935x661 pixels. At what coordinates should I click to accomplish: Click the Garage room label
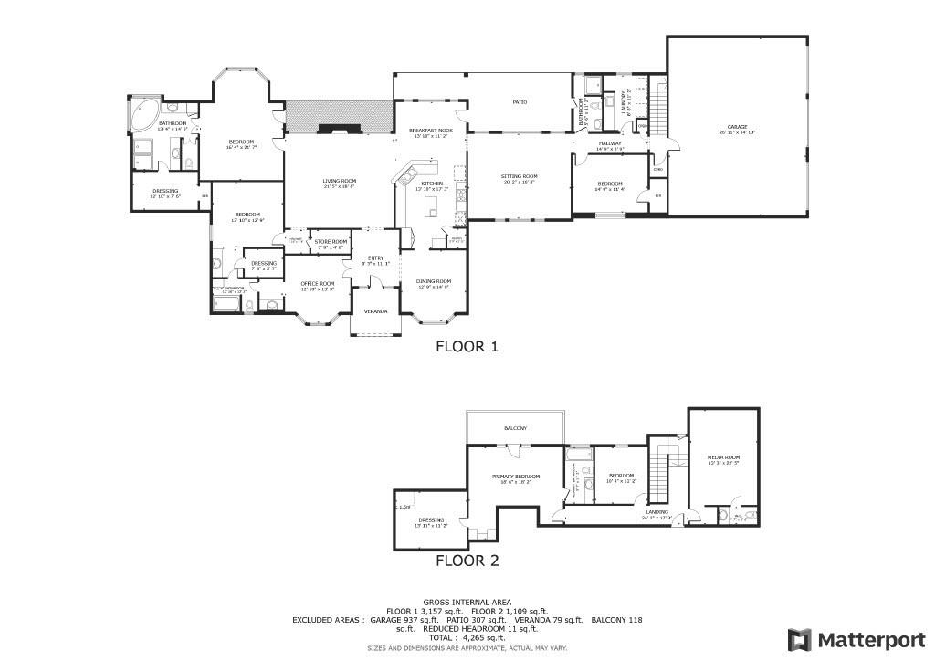coord(737,127)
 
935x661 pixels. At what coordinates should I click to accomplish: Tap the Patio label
coord(519,102)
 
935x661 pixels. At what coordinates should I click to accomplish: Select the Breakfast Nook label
coord(431,131)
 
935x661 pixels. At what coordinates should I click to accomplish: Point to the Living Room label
coord(339,181)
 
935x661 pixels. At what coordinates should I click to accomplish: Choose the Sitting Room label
coord(519,176)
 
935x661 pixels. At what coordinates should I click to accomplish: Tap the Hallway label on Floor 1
coord(610,143)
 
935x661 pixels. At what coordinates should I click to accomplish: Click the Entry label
coord(375,258)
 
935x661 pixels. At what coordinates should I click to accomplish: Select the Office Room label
coord(318,284)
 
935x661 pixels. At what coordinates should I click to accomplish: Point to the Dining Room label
coord(435,281)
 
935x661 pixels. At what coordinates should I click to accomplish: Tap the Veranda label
coord(375,311)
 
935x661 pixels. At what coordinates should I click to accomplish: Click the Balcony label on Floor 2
coord(516,428)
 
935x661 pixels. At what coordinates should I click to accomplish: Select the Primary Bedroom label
coord(516,477)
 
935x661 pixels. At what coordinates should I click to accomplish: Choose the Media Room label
coord(723,456)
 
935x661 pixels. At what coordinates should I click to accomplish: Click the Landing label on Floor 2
coord(657,512)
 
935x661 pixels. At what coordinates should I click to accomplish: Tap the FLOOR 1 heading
coord(467,347)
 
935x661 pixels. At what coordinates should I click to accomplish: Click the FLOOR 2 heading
coord(467,561)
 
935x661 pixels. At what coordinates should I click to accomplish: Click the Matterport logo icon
coord(799,639)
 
